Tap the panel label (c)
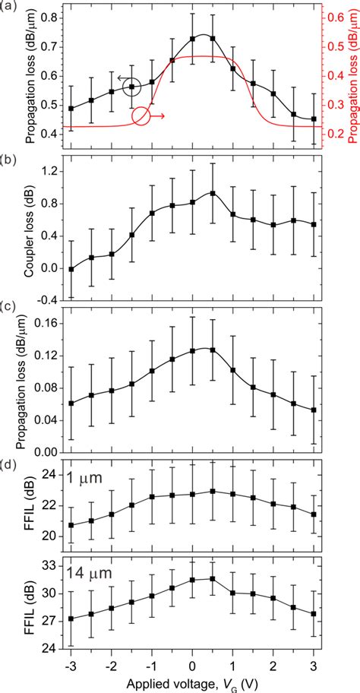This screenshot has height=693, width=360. tap(10, 308)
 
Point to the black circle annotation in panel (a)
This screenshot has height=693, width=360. tap(131, 87)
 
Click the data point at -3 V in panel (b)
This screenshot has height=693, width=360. tap(71, 269)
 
